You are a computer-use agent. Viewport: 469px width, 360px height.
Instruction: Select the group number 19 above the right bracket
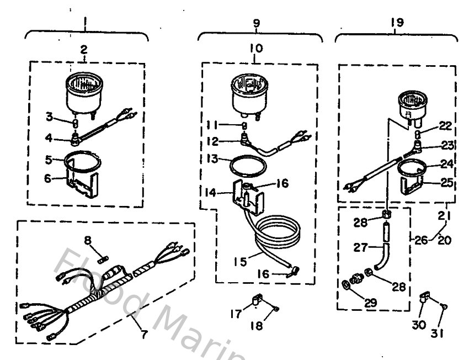pyautogui.click(x=396, y=23)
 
